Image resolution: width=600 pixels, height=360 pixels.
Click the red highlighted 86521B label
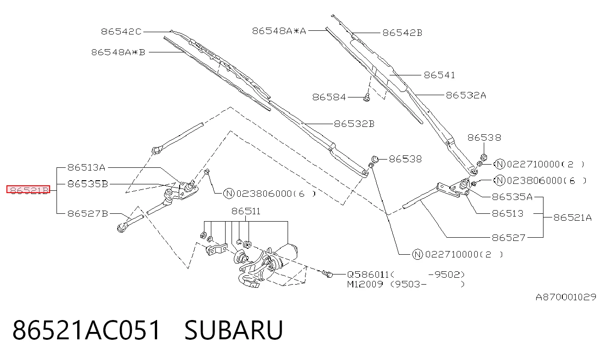(x=28, y=189)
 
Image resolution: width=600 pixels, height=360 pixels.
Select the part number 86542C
(x=121, y=32)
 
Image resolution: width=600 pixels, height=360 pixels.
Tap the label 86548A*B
(x=118, y=52)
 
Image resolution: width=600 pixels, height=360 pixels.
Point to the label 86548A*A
(x=279, y=31)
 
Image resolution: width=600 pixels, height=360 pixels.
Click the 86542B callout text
(x=402, y=33)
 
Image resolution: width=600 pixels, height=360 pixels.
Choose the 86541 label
(x=439, y=75)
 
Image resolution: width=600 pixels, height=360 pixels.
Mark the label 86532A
(x=466, y=95)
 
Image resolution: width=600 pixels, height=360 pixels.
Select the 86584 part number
(x=329, y=97)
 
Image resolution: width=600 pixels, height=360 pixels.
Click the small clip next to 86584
(x=367, y=97)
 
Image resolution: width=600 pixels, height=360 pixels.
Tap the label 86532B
(x=354, y=124)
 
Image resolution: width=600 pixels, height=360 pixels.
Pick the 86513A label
(x=86, y=167)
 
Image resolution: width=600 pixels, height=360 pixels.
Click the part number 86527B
(x=88, y=214)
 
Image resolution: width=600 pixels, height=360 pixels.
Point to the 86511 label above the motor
(x=246, y=211)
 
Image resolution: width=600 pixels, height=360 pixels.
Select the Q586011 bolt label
(x=368, y=274)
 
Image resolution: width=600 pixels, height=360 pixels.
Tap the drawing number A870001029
(x=566, y=297)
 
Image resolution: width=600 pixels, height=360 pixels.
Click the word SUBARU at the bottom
(x=233, y=330)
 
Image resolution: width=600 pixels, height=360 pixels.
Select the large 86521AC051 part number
(x=86, y=330)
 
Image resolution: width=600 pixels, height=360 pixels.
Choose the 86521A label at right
(x=572, y=217)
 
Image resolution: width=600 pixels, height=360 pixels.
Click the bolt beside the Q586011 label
(x=327, y=274)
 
